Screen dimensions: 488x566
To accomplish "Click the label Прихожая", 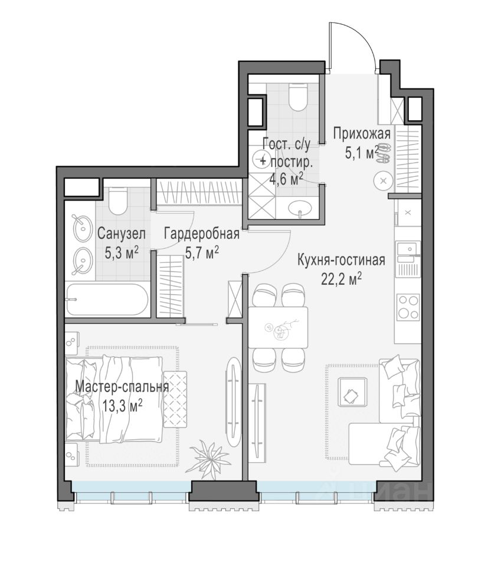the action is point(362,134).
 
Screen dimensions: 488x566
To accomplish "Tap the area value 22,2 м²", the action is point(341,279).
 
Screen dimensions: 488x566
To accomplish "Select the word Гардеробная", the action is point(202,234).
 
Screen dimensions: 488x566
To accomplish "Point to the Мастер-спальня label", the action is point(122,387).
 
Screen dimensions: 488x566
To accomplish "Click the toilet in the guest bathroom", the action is point(298,96).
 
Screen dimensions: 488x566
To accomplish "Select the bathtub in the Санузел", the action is point(107,300).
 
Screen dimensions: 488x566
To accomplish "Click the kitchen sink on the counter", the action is point(407,249).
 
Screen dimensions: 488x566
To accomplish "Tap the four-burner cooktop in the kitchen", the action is point(408,308).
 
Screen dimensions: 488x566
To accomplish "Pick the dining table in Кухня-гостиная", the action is point(278,327).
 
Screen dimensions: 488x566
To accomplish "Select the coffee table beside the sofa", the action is point(352,394).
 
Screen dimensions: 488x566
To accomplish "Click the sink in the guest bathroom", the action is point(300,209).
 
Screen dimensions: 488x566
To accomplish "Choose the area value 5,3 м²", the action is point(122,253).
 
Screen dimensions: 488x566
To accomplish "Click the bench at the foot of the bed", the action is point(175,399).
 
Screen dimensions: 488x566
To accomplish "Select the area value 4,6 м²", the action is point(286,179).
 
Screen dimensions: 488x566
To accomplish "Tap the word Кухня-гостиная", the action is point(341,260).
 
